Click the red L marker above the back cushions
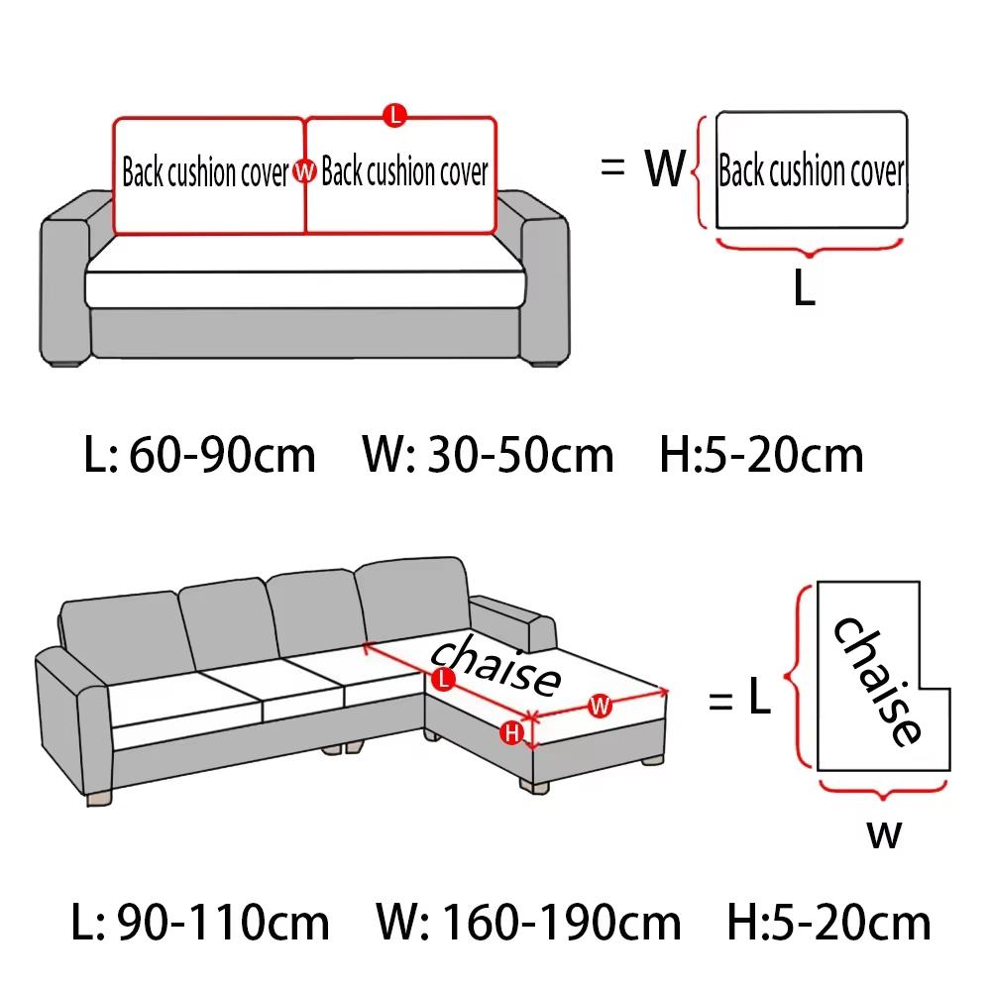coord(394,115)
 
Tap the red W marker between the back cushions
coord(304,172)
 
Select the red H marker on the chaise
coord(511,732)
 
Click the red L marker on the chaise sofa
coord(443,679)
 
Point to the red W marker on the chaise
coord(600,706)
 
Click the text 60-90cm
coord(222,455)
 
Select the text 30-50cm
coord(520,455)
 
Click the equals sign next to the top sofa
coord(613,168)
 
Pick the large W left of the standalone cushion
coord(664,169)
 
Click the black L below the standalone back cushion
coord(805,288)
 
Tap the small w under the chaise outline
coord(885,834)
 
